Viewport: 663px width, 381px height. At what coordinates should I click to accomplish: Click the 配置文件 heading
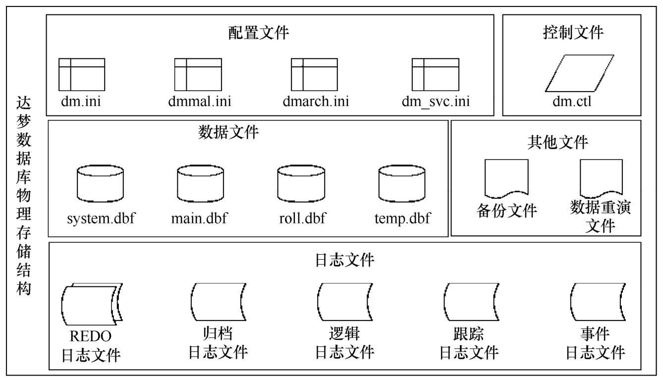click(x=259, y=33)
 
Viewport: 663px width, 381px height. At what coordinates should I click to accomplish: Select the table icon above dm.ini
click(x=82, y=74)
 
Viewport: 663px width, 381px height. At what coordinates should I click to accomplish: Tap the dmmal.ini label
click(x=199, y=102)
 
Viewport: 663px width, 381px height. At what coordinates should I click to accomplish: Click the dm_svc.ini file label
click(x=436, y=102)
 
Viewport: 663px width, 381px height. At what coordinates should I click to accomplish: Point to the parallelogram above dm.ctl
click(x=572, y=74)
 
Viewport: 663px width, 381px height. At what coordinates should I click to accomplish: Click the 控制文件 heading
click(x=573, y=33)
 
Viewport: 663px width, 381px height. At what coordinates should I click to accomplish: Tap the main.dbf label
click(x=199, y=218)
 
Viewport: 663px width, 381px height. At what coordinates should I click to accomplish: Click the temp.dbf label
click(x=403, y=218)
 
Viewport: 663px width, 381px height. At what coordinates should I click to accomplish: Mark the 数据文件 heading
click(x=229, y=133)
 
